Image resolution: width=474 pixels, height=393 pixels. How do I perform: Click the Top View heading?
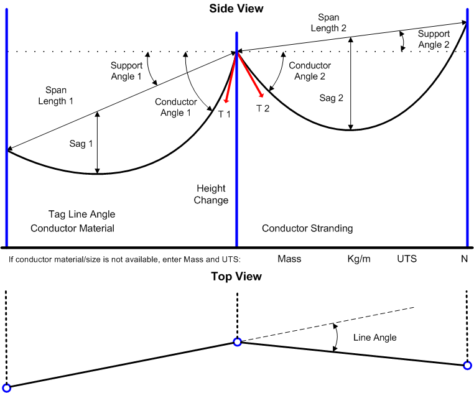pos(236,276)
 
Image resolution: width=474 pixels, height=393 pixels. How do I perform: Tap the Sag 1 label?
pos(81,144)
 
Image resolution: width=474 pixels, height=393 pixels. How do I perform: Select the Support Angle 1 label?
pos(127,71)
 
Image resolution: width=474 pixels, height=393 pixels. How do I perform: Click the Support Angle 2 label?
pos(434,39)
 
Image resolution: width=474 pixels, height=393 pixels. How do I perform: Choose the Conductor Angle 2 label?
pos(305,70)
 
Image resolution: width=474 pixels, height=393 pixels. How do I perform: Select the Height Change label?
pos(211,194)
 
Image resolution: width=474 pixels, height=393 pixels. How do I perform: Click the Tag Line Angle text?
pos(81,214)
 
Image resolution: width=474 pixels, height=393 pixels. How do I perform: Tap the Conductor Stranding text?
pos(307,228)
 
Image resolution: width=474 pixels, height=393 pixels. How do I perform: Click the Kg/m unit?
pos(359,258)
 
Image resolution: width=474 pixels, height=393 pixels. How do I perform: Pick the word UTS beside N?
pos(407,258)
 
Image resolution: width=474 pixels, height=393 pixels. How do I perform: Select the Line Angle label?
pos(374,337)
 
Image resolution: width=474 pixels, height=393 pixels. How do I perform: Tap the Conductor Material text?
pos(73,228)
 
